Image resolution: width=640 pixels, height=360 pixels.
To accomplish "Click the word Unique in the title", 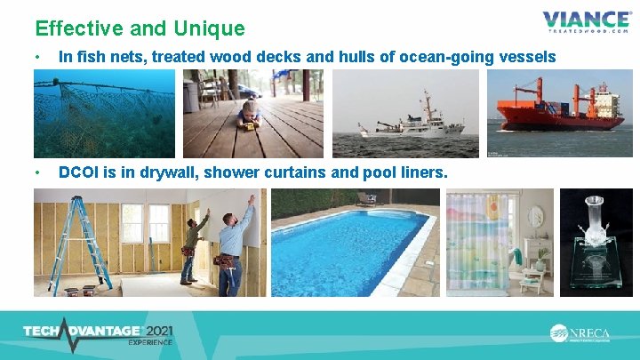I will [204, 28].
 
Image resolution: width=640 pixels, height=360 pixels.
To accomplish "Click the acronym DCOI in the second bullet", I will [80, 172].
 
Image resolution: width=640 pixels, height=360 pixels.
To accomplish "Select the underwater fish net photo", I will [104, 114].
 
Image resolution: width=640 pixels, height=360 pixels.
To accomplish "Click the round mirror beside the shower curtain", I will [535, 216].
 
